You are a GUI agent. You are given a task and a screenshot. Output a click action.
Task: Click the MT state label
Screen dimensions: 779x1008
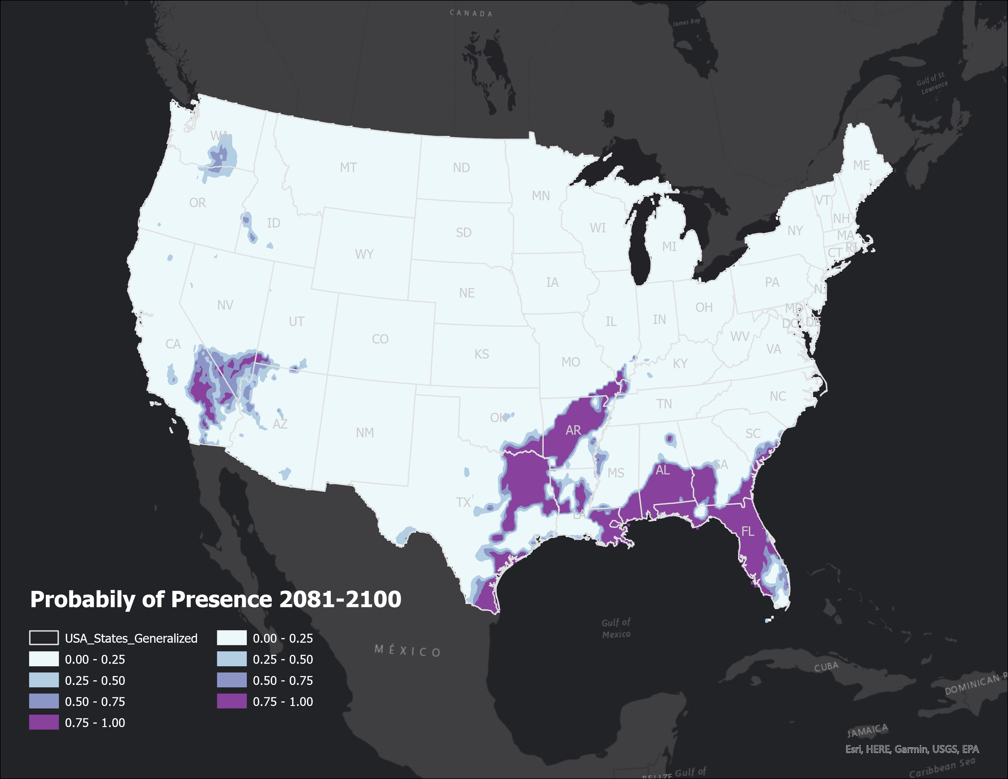point(349,167)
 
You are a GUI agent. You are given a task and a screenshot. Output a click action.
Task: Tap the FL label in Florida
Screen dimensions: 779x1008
point(748,532)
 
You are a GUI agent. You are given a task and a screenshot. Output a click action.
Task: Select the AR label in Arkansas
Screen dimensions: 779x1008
point(573,430)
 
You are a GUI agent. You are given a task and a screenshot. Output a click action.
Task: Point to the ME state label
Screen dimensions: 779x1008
point(861,165)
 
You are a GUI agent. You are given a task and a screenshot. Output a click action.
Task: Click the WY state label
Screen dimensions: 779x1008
point(364,254)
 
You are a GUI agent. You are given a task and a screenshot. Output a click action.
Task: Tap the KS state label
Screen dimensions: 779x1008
point(481,354)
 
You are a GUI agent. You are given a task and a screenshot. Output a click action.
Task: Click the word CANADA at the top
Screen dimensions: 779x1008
point(471,13)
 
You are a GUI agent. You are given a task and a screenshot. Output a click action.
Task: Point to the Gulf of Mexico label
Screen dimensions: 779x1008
point(616,628)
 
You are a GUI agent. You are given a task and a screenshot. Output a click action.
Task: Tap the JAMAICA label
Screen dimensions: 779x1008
point(868,730)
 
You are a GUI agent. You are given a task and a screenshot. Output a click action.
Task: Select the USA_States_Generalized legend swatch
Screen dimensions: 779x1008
point(44,638)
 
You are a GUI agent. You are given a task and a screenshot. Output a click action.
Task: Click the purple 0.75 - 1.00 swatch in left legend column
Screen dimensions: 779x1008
point(44,722)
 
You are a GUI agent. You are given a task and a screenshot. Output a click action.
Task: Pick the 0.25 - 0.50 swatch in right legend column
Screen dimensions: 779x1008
point(232,659)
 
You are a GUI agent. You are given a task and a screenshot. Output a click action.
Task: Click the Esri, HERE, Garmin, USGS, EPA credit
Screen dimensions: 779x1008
point(911,749)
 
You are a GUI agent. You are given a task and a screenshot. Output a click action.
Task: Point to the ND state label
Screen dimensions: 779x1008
point(461,167)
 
